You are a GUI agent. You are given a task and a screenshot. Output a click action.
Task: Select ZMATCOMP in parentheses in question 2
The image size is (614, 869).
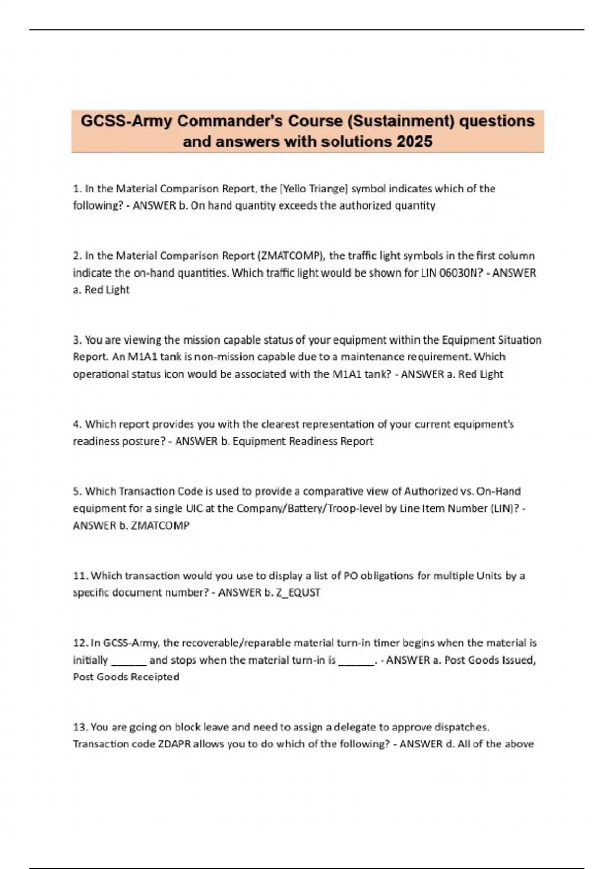pos(290,256)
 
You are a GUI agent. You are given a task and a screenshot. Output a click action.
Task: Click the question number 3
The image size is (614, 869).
pos(77,340)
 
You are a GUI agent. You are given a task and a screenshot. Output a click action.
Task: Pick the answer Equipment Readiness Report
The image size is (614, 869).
pos(303,441)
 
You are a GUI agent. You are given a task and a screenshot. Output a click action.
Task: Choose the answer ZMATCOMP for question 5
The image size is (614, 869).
pos(160,525)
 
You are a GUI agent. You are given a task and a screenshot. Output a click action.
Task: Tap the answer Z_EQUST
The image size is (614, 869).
pos(298,593)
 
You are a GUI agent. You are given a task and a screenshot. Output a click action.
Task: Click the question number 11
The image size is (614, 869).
pos(80,576)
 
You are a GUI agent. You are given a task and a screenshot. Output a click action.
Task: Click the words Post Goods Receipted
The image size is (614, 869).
pos(126,677)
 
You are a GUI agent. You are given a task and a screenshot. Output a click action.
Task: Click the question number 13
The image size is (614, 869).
pos(80,727)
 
